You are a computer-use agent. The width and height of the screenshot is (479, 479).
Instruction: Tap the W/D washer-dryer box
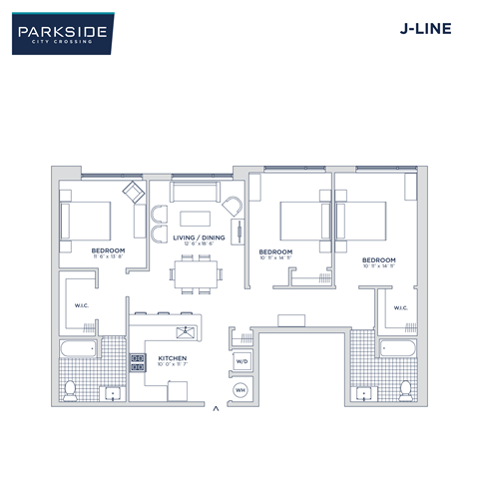pos(240,361)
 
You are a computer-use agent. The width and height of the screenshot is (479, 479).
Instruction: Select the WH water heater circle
pos(240,389)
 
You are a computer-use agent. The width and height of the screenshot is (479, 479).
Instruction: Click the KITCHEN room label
pos(173,356)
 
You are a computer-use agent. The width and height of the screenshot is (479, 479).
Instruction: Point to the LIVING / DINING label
pos(199,238)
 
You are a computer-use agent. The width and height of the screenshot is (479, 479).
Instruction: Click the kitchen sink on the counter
pos(184,332)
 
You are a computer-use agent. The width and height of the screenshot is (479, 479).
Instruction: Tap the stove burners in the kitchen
pos(137,362)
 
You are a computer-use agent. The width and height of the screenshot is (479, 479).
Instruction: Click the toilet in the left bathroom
pos(70,387)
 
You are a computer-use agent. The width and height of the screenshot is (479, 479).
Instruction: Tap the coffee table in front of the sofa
pos(195,218)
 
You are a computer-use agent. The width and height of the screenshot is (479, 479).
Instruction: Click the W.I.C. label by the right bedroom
pos(401,307)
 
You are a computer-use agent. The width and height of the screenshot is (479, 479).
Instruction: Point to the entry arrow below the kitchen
pos(215,406)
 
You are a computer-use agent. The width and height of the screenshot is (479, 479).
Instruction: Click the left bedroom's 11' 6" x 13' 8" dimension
pos(107,256)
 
